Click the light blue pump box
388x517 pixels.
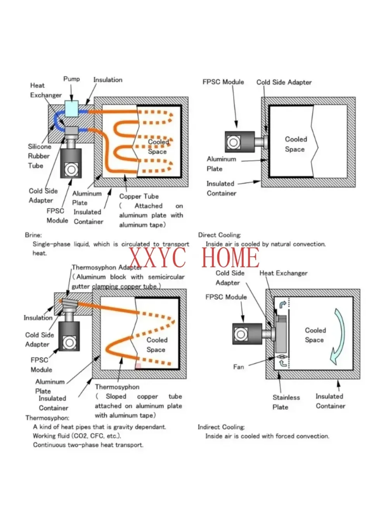[71, 109]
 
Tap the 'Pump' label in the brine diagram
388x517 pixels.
[71, 79]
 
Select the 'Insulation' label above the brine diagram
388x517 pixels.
[107, 80]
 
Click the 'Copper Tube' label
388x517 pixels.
[139, 196]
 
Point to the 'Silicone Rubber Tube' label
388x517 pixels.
[39, 156]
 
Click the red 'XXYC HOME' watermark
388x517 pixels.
[194, 257]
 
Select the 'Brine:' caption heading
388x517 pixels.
[33, 235]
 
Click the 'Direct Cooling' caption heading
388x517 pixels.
[219, 235]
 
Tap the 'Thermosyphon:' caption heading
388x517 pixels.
[47, 418]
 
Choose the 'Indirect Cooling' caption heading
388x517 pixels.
[221, 427]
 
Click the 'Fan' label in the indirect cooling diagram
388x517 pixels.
[239, 367]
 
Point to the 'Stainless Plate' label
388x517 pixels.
[286, 402]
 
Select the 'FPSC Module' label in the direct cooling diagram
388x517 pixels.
[223, 82]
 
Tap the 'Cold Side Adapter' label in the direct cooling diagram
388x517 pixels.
[284, 82]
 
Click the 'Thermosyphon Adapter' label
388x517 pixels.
[107, 268]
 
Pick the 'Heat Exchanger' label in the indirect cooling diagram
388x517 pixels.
[283, 273]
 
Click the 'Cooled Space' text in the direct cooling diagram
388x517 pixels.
[296, 144]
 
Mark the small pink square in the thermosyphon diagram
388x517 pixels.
[138, 366]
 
